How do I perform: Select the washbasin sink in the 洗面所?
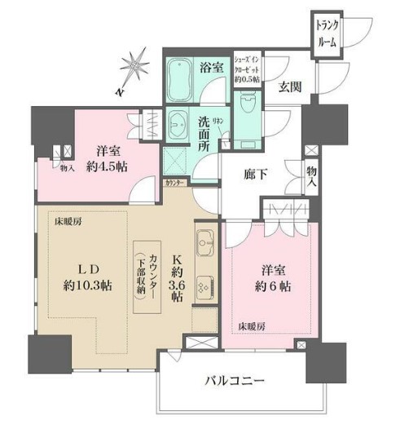[178, 124]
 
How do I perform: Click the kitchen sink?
[204, 243]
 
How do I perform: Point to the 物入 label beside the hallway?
[312, 176]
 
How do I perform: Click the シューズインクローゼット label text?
[247, 69]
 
